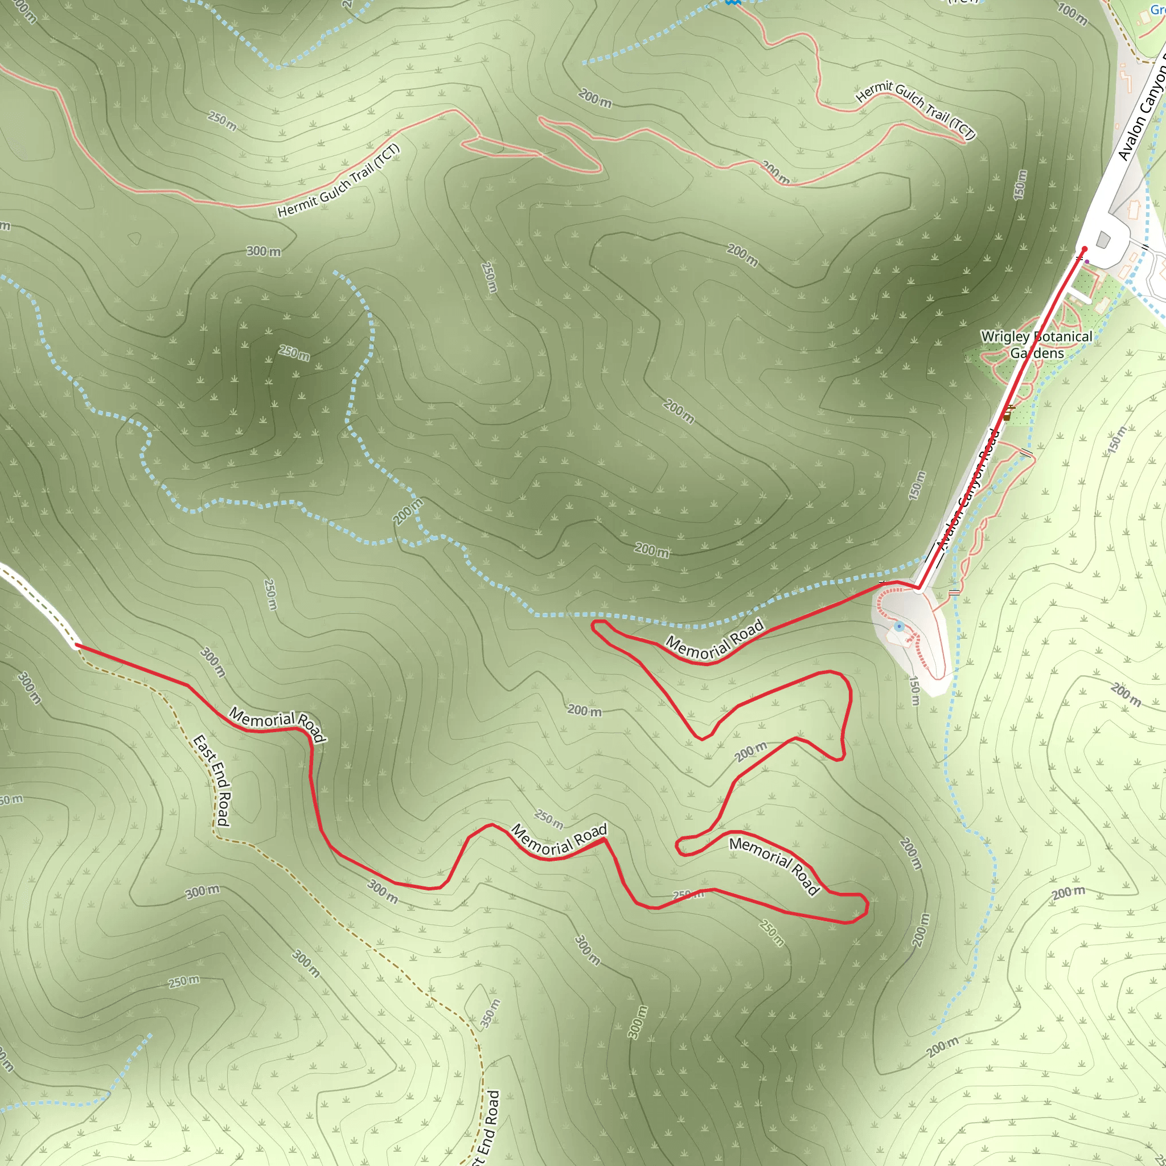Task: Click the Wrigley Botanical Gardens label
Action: pyautogui.click(x=1036, y=344)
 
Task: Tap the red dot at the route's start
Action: pyautogui.click(x=1084, y=249)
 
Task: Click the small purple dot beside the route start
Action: pyautogui.click(x=1087, y=261)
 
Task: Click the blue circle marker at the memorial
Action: pyautogui.click(x=899, y=626)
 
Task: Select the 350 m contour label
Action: pyautogui.click(x=490, y=1014)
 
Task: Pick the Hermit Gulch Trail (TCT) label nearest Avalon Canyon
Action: pyautogui.click(x=915, y=110)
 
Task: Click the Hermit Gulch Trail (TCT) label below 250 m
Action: pyautogui.click(x=339, y=180)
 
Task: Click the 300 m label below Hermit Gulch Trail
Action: pyautogui.click(x=263, y=251)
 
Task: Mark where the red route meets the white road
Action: pyautogui.click(x=76, y=645)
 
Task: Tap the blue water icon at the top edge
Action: pyautogui.click(x=733, y=2)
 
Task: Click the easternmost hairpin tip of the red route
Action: pyautogui.click(x=867, y=905)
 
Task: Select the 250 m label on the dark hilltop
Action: pyautogui.click(x=294, y=352)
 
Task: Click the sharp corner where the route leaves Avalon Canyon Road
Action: pyautogui.click(x=918, y=587)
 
